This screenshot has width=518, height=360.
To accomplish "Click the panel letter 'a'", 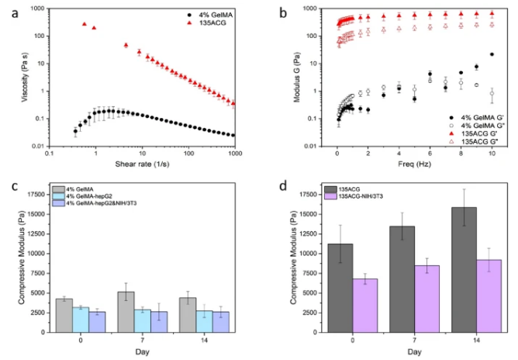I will [x=9, y=14].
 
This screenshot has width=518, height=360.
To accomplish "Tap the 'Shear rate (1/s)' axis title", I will [x=143, y=162].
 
